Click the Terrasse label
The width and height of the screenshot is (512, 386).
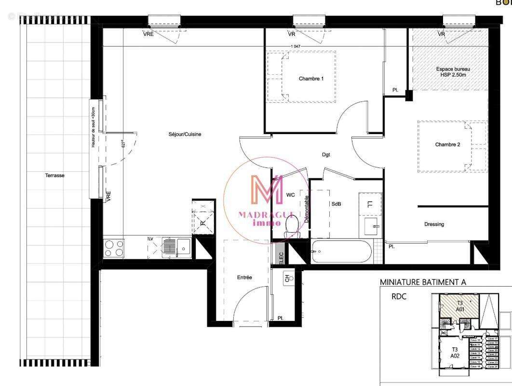pyautogui.click(x=54, y=176)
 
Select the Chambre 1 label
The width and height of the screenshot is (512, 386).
pyautogui.click(x=311, y=79)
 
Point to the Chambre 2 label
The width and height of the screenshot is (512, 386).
pyautogui.click(x=451, y=144)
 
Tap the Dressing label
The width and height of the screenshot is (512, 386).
pyautogui.click(x=434, y=224)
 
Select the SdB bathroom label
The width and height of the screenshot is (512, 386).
pyautogui.click(x=336, y=204)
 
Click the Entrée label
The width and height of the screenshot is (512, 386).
pyautogui.click(x=244, y=277)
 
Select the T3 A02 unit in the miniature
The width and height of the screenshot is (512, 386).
pyautogui.click(x=454, y=352)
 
